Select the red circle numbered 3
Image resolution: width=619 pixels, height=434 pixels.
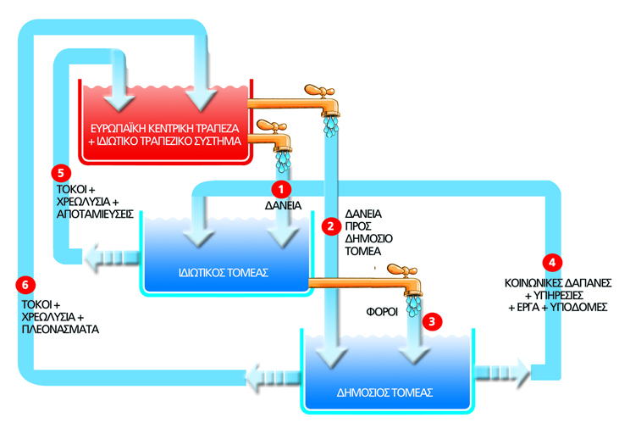pyautogui.click(x=433, y=321)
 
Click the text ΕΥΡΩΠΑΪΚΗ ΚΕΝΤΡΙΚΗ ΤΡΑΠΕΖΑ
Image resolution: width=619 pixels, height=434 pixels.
pyautogui.click(x=163, y=125)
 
